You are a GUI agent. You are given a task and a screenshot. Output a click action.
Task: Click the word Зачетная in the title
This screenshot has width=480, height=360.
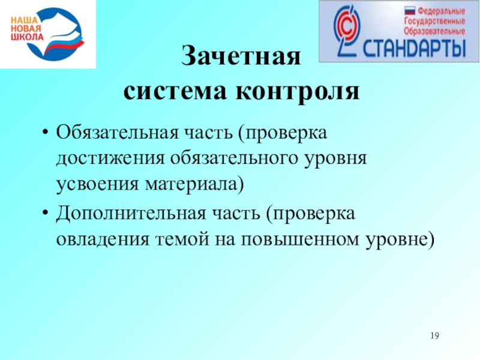(241, 56)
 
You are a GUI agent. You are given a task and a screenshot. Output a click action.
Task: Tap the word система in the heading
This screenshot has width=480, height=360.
(175, 91)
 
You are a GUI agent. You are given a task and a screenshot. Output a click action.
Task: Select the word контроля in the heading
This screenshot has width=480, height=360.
(298, 92)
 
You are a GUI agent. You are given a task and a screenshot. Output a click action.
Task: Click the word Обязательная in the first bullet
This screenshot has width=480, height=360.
(117, 133)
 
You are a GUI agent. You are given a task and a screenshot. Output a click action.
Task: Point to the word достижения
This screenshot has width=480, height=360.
(110, 159)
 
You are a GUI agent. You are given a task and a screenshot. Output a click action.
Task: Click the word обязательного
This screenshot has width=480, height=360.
(234, 158)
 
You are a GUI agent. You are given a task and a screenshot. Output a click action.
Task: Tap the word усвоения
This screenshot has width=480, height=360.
(98, 184)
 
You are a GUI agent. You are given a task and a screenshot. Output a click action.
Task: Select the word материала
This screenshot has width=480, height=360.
(194, 184)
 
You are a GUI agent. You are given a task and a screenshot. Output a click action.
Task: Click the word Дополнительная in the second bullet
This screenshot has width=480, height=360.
(131, 214)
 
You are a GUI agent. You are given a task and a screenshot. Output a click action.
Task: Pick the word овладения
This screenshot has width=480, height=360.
(103, 239)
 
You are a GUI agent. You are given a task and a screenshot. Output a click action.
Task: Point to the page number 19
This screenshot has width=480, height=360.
(434, 335)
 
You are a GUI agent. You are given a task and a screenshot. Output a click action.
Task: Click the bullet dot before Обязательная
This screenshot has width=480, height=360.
(46, 133)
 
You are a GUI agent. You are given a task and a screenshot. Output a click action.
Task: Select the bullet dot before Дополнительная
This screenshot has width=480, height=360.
(46, 213)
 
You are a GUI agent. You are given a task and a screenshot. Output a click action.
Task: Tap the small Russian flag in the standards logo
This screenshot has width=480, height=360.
(410, 11)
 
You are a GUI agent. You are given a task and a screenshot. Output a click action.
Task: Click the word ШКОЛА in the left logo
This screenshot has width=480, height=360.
(27, 37)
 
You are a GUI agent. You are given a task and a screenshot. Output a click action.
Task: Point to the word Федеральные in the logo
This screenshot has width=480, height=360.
(441, 11)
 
